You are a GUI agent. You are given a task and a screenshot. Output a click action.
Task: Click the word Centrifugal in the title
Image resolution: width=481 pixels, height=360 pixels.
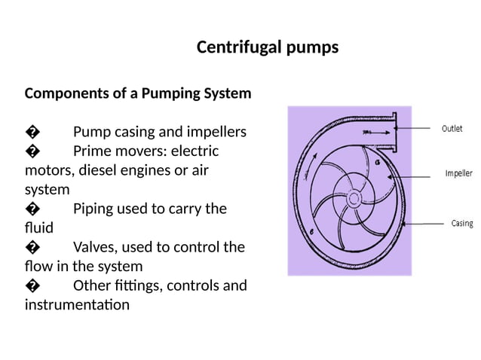(x=240, y=48)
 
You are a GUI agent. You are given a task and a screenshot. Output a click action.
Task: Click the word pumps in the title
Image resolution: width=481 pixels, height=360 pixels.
(x=313, y=48)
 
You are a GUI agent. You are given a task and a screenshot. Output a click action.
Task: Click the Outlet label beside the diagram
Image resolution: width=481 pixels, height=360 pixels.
(x=452, y=129)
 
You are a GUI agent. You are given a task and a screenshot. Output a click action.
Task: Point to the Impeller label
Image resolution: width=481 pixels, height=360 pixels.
(x=458, y=173)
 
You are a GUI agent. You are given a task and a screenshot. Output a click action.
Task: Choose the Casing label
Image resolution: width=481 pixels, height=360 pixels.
(x=461, y=224)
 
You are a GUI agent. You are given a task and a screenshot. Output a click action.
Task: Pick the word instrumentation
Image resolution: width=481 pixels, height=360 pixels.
(x=76, y=305)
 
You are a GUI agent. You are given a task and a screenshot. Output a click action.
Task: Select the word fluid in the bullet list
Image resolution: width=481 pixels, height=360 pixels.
(x=38, y=227)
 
